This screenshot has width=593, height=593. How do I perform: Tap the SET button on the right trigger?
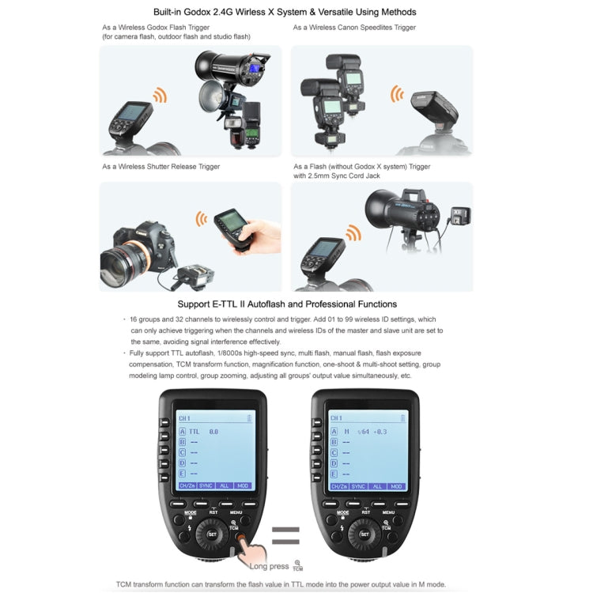364,534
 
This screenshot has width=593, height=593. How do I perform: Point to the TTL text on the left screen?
194,432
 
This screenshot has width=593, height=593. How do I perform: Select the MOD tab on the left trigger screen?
242,486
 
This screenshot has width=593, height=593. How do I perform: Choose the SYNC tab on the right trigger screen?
358,486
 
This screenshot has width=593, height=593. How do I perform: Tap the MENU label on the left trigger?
237,512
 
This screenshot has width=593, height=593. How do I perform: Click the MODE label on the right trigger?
343,512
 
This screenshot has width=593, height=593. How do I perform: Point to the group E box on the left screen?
183,473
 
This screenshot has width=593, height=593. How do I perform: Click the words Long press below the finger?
269,565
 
